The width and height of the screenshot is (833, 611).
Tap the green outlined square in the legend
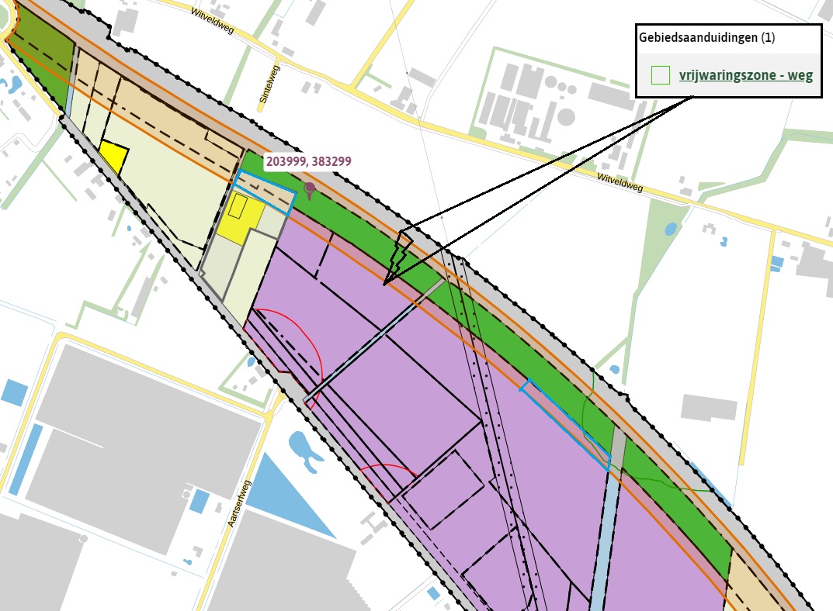(x=660, y=74)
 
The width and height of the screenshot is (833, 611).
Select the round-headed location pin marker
(x=310, y=188)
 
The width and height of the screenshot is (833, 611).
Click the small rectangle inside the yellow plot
(x=238, y=206)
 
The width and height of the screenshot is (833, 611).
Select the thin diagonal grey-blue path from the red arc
(x=373, y=341)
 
